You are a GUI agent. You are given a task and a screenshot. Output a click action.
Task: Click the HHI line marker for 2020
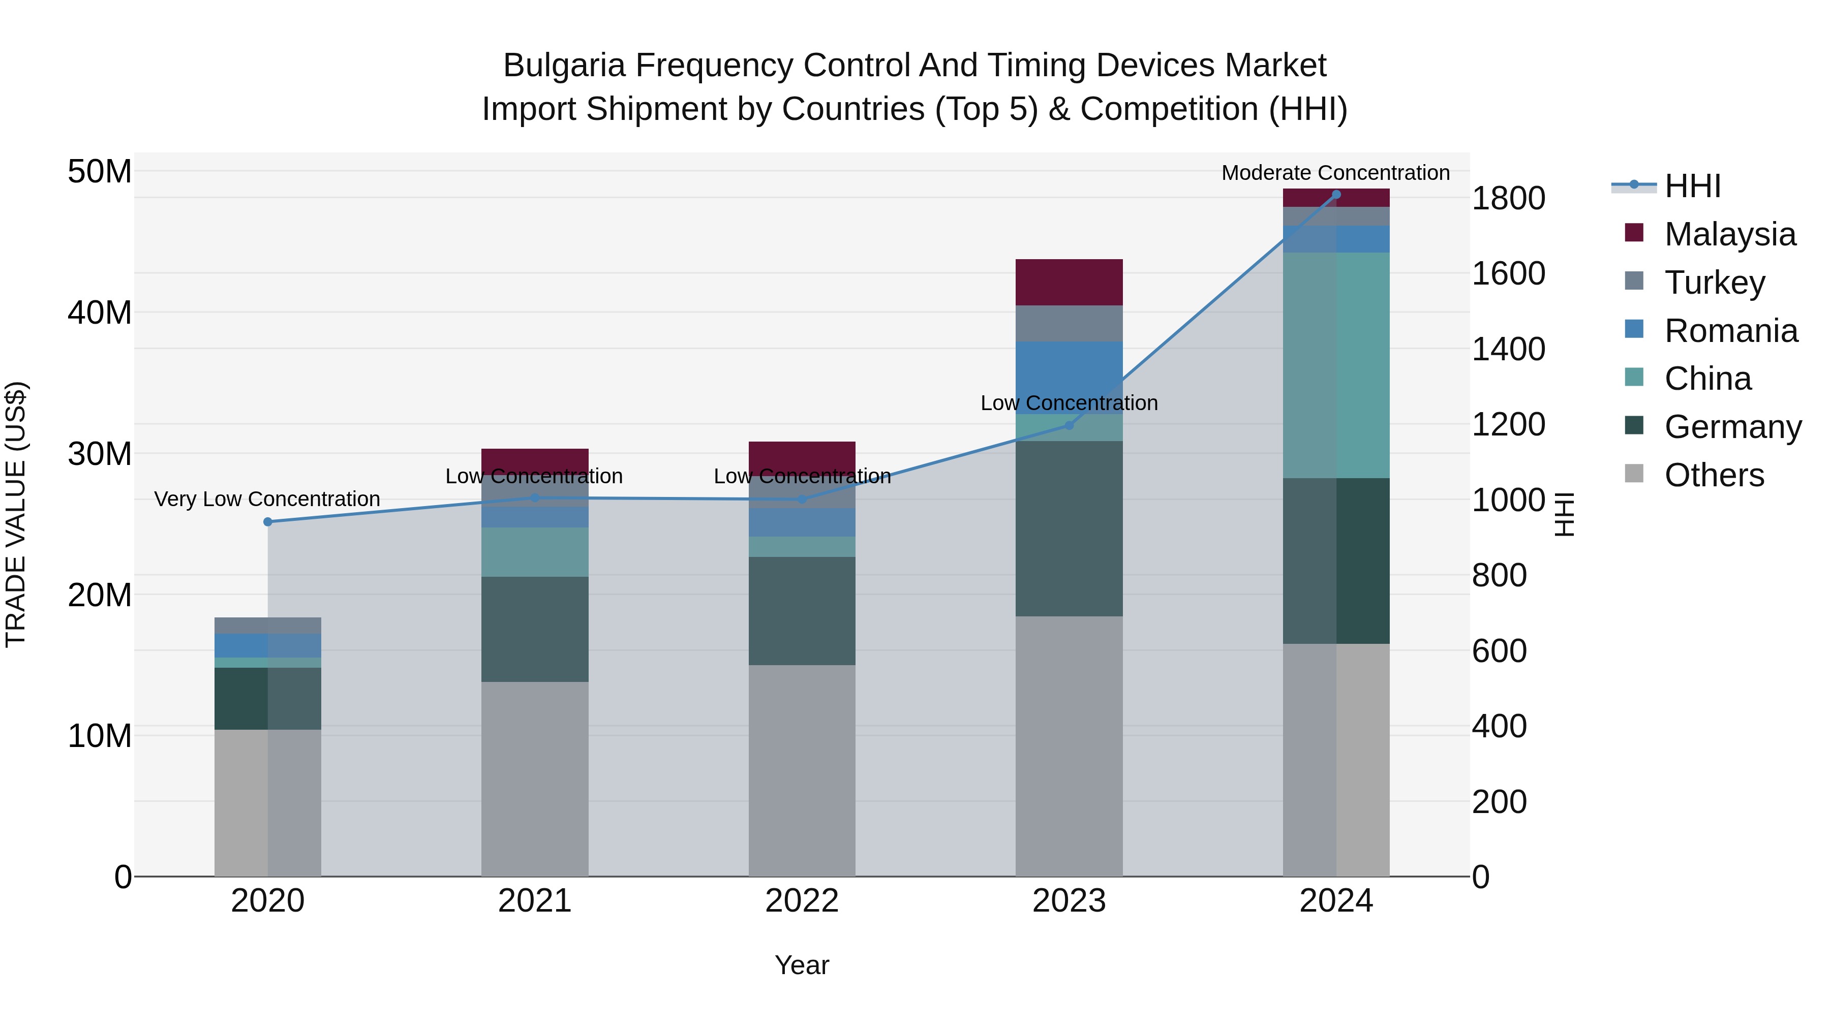pyautogui.click(x=268, y=522)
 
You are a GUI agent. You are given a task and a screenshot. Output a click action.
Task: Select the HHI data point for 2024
pyautogui.click(x=1336, y=195)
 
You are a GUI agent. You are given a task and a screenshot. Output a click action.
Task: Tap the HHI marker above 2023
pyautogui.click(x=1069, y=425)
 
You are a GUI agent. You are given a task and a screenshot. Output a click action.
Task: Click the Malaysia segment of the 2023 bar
pyautogui.click(x=1069, y=283)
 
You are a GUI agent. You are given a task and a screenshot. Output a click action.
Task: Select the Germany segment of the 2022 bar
pyautogui.click(x=802, y=611)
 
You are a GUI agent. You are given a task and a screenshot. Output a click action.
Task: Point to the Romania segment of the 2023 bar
pyautogui.click(x=1069, y=377)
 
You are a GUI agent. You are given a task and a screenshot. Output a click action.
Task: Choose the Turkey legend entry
pyautogui.click(x=1714, y=283)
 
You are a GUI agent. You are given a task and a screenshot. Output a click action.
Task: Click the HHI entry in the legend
pyautogui.click(x=1692, y=186)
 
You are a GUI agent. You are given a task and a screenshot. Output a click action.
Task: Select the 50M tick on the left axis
pyautogui.click(x=100, y=172)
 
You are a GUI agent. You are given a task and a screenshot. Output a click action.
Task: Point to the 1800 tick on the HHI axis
pyautogui.click(x=1508, y=198)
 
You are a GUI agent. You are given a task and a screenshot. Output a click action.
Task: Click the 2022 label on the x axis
pyautogui.click(x=802, y=901)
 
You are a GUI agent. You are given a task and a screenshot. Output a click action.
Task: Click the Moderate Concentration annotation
pyautogui.click(x=1335, y=173)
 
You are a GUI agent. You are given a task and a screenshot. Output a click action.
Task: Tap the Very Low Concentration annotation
pyautogui.click(x=267, y=499)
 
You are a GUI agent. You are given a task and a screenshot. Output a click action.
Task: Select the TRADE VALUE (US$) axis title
pyautogui.click(x=16, y=514)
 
